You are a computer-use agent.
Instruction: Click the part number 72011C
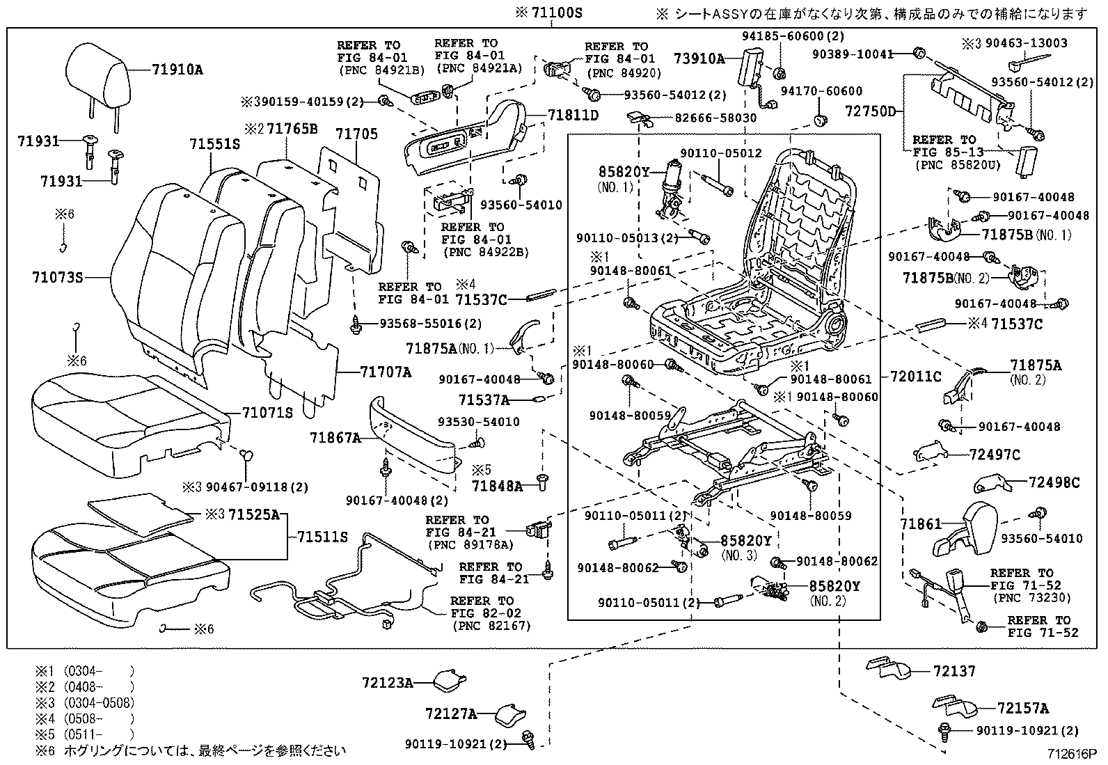[x=916, y=377]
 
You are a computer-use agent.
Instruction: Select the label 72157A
[x=1023, y=709]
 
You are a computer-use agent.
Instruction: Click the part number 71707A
[x=385, y=372]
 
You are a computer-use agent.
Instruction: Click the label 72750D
[x=871, y=111]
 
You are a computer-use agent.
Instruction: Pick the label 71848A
[x=497, y=486]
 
